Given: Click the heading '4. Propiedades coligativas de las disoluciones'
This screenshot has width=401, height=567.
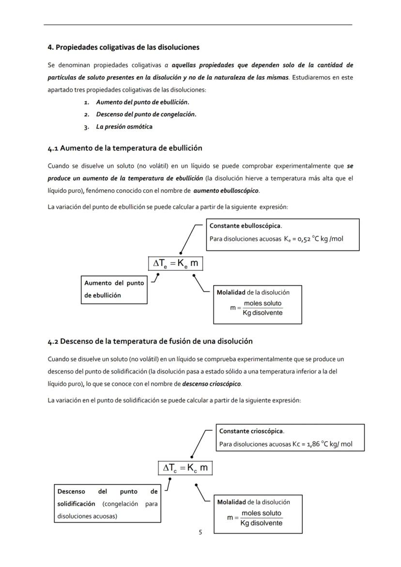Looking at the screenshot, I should point(123,47).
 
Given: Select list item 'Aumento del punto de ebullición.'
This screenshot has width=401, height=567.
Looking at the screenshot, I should point(142,102).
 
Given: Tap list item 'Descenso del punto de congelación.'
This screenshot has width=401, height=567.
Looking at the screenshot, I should point(146,115).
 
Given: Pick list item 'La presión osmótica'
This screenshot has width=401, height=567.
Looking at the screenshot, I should point(124,127).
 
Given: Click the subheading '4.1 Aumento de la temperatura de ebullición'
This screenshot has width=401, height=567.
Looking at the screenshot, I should point(125,148).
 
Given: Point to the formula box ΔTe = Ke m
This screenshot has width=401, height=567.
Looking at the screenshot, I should point(175,263).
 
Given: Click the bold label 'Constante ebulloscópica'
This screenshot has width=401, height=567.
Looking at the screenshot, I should point(246,226).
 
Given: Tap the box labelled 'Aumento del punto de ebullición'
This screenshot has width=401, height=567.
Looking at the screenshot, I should point(114,289).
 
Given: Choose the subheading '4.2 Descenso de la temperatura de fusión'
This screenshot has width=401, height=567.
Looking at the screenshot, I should point(150,341).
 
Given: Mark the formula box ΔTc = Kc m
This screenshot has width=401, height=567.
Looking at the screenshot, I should point(185,468).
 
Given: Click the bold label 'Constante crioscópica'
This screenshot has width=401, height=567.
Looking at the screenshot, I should point(251,431).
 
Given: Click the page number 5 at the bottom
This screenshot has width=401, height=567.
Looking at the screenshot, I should point(200,532).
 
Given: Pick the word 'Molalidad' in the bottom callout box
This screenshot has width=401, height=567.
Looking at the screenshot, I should point(231,502).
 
